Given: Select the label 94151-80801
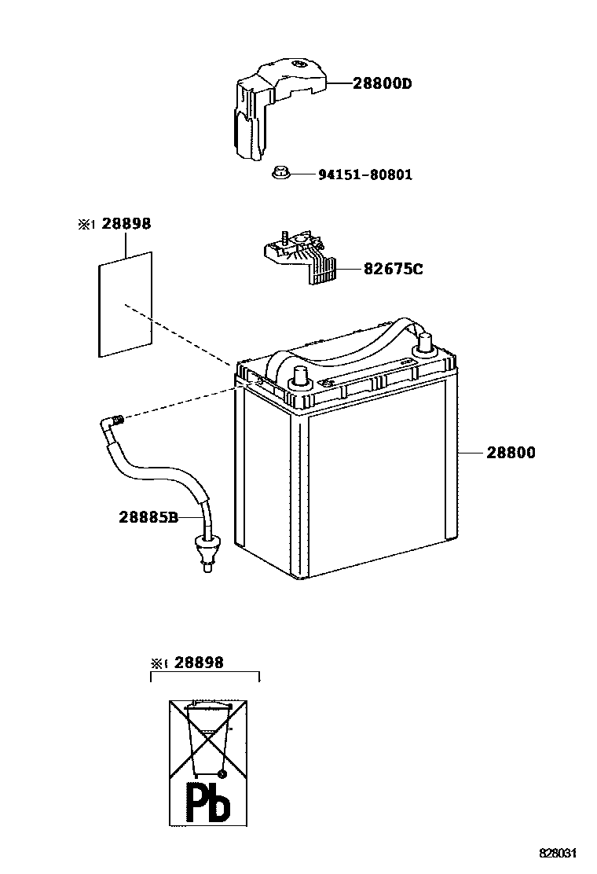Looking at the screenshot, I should coord(364,174).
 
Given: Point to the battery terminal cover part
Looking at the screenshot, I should coord(271,102).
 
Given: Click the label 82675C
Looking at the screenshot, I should coord(393,270).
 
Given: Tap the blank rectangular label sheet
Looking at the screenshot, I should coord(125,304).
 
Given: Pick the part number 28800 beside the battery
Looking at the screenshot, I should coord(511,453).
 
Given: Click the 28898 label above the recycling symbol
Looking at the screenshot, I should coord(199,663).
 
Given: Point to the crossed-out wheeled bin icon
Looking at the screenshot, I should coord(207,739).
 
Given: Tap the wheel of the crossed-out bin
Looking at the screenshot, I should coord(222,774).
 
